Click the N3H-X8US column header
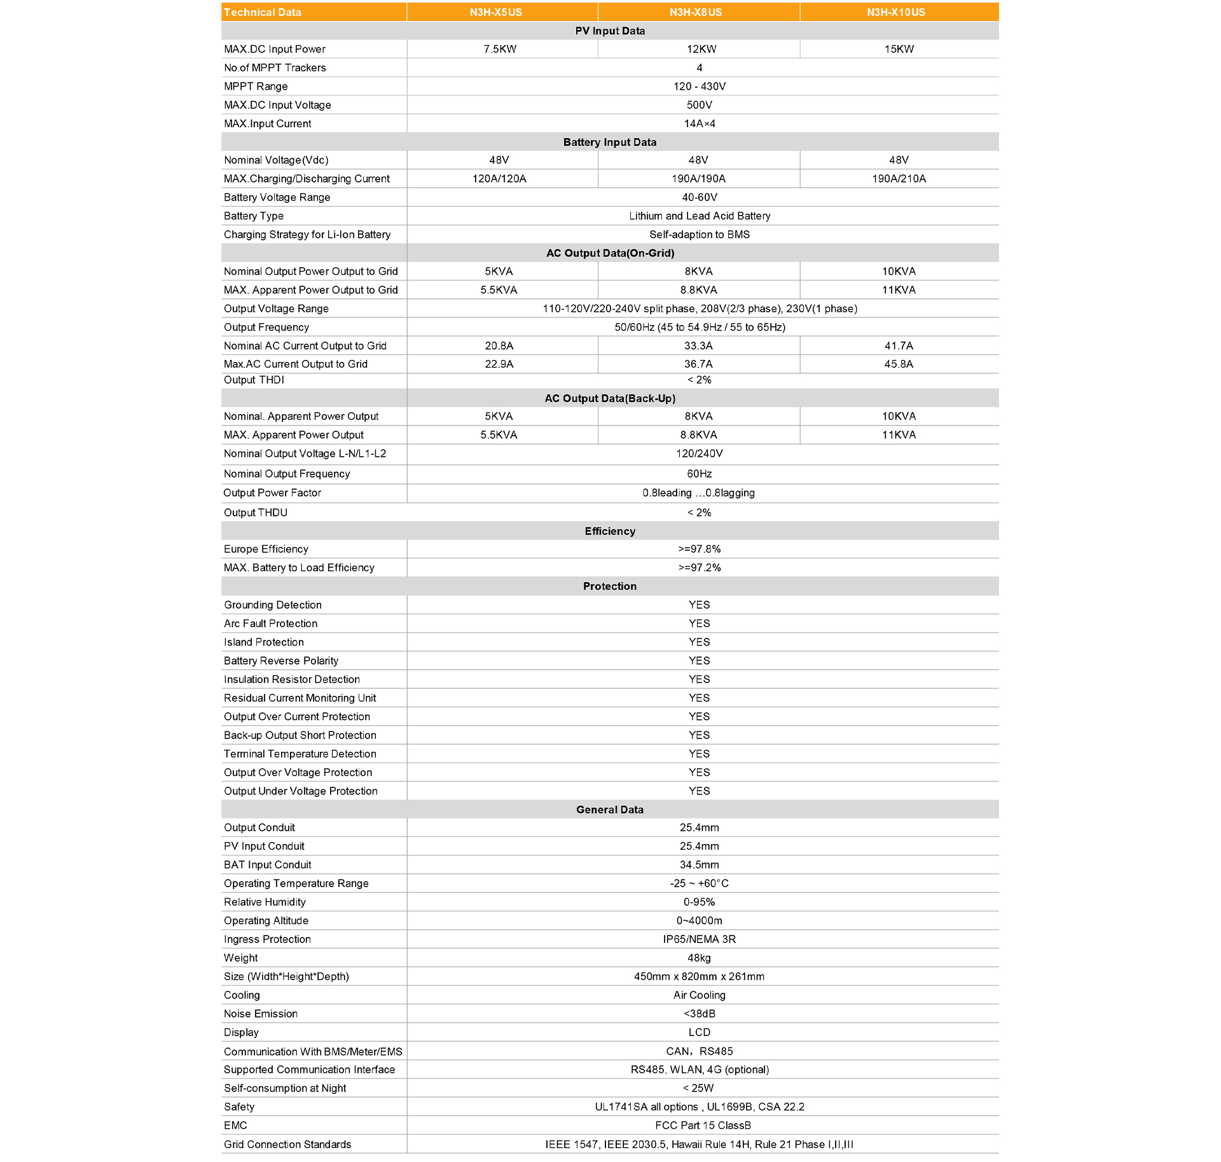[695, 12]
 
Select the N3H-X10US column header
[895, 12]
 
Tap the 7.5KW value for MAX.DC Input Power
[500, 49]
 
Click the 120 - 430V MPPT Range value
[699, 86]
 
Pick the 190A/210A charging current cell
[899, 179]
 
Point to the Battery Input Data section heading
[609, 142]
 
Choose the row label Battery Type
[254, 216]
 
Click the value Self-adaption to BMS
[699, 235]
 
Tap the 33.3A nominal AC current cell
[698, 346]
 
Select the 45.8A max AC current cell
[899, 364]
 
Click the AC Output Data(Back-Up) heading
[609, 399]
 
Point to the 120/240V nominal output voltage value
[699, 453]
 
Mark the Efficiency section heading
[609, 531]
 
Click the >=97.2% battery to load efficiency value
[699, 568]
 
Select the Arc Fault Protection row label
[270, 624]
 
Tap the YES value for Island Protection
[699, 642]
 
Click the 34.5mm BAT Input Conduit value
[699, 865]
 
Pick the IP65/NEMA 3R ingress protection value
[699, 939]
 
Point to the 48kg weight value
[699, 958]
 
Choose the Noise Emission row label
[261, 1014]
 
